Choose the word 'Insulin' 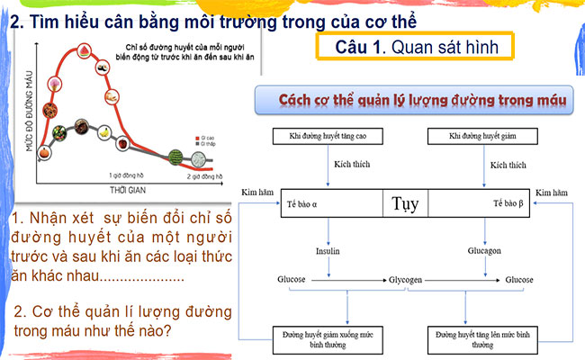pos(328,252)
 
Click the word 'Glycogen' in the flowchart pos(407,281)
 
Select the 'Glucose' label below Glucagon pos(519,281)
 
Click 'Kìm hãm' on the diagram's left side pos(256,193)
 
